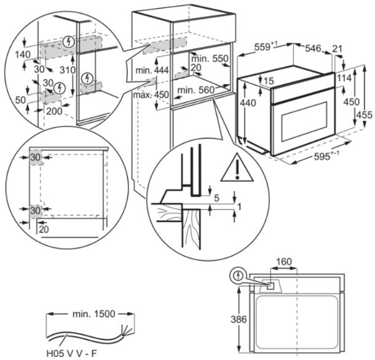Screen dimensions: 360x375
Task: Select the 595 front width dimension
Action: point(320,157)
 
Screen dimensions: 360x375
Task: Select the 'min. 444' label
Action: point(152,71)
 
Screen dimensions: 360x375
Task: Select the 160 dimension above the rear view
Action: point(283,262)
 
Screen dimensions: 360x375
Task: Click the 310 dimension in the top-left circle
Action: point(68,70)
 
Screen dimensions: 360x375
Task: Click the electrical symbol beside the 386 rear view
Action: point(237,277)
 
